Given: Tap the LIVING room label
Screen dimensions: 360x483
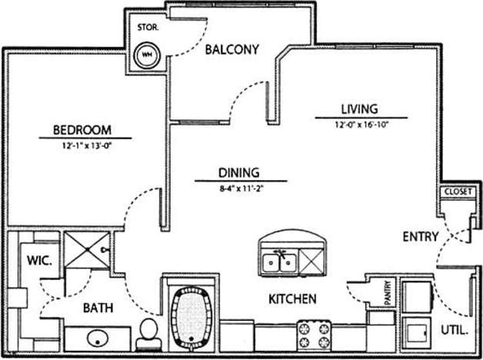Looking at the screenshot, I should click(x=359, y=109).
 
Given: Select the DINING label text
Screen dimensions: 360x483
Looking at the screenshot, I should click(x=238, y=173).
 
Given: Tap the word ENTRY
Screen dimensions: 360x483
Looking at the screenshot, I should click(x=421, y=237).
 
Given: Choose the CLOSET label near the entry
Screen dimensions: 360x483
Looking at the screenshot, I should click(x=457, y=192).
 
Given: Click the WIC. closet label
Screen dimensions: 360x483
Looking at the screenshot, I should click(x=38, y=260).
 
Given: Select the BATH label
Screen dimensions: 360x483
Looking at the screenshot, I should click(x=98, y=308).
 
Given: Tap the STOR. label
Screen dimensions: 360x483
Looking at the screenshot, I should click(x=148, y=27).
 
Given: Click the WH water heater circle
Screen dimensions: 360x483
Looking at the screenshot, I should click(x=146, y=55).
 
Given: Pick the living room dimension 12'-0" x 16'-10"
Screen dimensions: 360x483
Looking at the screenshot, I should click(x=361, y=125).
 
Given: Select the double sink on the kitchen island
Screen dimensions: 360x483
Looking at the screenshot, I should click(x=279, y=262).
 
